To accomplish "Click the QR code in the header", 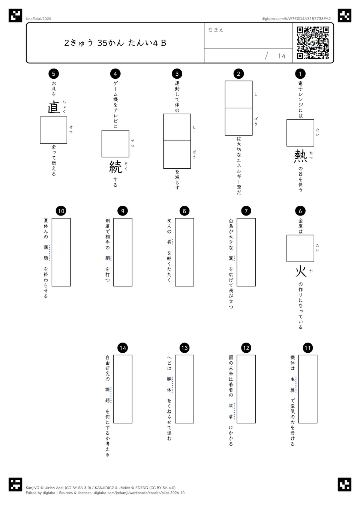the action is [313, 43].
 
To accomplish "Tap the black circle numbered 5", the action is [54, 73].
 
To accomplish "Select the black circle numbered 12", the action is [246, 348].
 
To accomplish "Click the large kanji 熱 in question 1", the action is [300, 156].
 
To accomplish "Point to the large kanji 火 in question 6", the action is [300, 272].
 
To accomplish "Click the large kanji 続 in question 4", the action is [115, 167].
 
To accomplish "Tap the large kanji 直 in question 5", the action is [54, 107].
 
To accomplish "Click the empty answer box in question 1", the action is [300, 133].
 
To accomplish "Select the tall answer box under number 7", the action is [246, 252].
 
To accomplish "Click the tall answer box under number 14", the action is [123, 389].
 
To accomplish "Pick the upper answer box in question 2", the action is [238, 94].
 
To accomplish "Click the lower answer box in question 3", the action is [177, 154].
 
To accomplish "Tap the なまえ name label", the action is [216, 30].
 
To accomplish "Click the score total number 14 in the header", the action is [282, 56].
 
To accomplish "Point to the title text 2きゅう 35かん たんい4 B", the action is [115, 43].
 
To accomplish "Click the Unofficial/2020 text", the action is [38, 19].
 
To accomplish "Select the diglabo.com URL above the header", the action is [296, 19].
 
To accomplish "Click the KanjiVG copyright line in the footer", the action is [100, 488].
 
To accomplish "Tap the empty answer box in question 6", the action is [300, 249].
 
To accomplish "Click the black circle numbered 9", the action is [123, 211].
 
